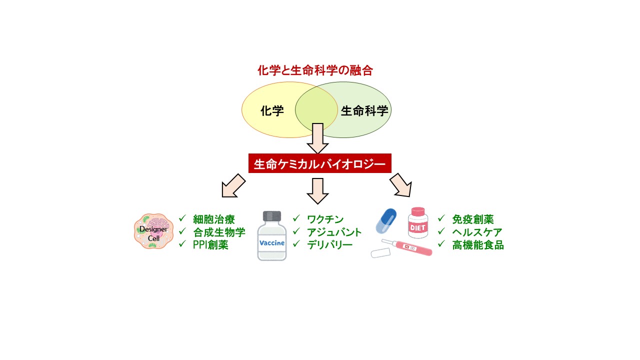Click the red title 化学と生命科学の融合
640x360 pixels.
pos(315,70)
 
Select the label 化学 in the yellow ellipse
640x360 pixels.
pos(272,111)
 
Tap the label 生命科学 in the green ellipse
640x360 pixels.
pos(364,111)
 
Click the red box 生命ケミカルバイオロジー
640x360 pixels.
pos(319,164)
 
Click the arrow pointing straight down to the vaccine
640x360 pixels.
pos(317,190)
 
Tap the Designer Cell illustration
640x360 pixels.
pos(153,231)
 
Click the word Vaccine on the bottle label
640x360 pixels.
pos(272,243)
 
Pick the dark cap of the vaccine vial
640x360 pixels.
pos(272,216)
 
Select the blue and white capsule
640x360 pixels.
pos(386,220)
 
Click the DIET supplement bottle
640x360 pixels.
pos(418,223)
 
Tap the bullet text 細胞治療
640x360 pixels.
pos(214,219)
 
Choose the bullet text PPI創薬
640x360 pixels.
pos(210,245)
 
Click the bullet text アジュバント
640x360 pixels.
pos(334,232)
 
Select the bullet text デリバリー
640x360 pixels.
pos(330,245)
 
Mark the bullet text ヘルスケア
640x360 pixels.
pos(477,232)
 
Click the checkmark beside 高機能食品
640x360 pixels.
pos(441,244)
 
